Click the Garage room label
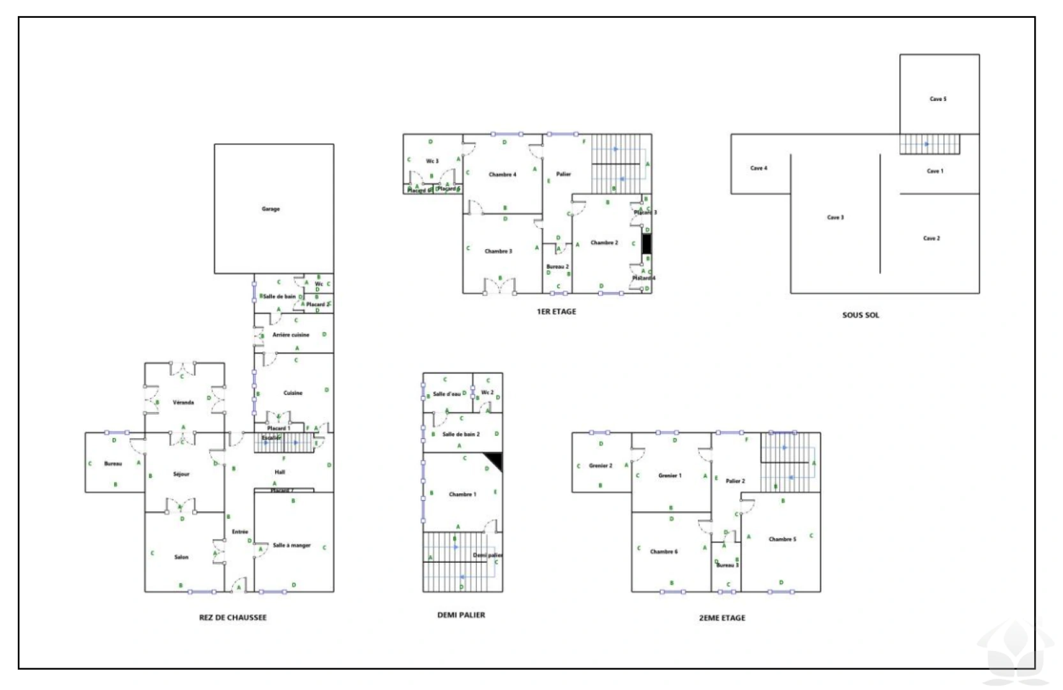click(271, 209)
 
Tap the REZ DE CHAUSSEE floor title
click(232, 617)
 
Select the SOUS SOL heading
click(860, 315)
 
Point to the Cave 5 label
click(938, 99)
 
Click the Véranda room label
click(183, 402)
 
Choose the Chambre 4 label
click(502, 174)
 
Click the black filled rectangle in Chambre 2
click(647, 244)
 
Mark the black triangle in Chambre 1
click(495, 459)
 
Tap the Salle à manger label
click(292, 545)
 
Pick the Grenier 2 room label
click(600, 466)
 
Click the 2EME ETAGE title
click(721, 618)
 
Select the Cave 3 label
click(835, 217)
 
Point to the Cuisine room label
click(293, 393)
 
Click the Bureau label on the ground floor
click(113, 464)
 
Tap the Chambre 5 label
click(782, 539)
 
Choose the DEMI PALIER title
click(461, 615)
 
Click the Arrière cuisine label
click(290, 335)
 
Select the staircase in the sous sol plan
click(930, 144)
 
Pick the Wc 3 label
click(432, 161)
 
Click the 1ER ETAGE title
click(556, 312)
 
